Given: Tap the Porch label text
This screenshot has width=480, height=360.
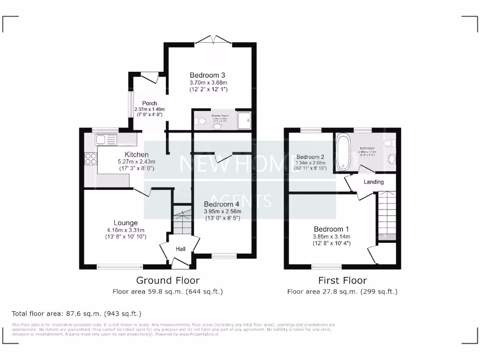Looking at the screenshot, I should tap(150, 104).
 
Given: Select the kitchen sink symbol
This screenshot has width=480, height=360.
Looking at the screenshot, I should tap(105, 139).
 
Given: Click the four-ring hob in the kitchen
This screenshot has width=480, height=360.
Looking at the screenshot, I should tap(90, 159).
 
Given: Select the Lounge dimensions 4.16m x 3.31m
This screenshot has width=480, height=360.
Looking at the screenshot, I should tap(125, 230).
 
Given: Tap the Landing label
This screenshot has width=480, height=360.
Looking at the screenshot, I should tap(374, 182).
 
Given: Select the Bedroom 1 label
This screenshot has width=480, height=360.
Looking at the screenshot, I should tap(331, 229).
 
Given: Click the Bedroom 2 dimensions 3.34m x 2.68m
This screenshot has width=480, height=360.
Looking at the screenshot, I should tap(310, 164).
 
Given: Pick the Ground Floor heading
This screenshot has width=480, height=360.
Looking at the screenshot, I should tap(167, 280).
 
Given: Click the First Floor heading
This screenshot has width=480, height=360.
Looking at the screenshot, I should tap(342, 280).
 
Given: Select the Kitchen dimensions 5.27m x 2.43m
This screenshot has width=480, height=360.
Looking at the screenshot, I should tap(136, 162).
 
